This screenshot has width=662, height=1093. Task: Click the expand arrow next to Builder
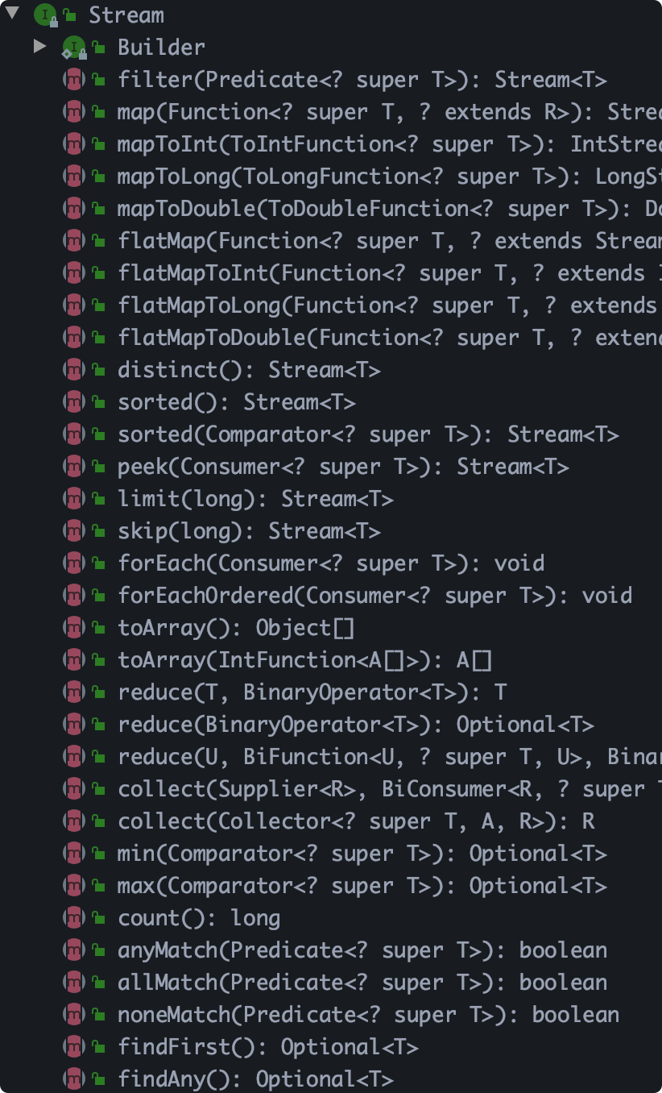pyautogui.click(x=40, y=47)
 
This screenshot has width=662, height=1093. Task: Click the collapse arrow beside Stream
pyautogui.click(x=12, y=14)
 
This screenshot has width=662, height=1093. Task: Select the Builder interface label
pyautogui.click(x=161, y=48)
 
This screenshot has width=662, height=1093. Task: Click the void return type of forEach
pyautogui.click(x=519, y=563)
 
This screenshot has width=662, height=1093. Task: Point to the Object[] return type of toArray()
pyautogui.click(x=304, y=628)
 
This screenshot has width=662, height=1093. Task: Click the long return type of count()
pyautogui.click(x=255, y=918)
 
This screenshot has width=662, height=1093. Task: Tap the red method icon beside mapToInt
pyautogui.click(x=73, y=144)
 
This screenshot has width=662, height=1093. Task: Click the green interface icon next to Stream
pyautogui.click(x=44, y=15)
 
